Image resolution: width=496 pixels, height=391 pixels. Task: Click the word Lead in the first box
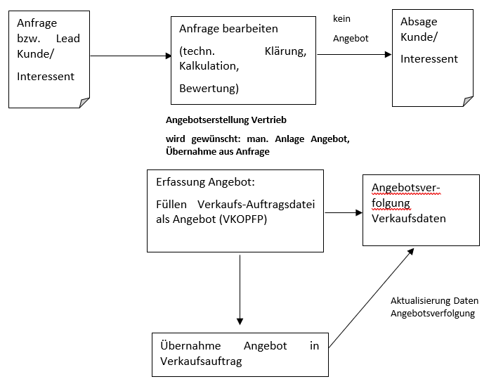67,38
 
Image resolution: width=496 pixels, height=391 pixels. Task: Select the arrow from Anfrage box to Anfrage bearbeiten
131,56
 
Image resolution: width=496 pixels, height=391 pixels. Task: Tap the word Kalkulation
209,66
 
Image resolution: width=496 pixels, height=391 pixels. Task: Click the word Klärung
285,51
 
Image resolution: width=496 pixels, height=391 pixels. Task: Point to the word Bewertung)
209,88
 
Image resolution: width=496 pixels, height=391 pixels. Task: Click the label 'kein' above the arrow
342,19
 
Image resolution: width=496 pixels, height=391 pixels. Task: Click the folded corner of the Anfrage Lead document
84,103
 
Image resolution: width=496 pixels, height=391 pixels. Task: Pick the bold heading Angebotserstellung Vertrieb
226,120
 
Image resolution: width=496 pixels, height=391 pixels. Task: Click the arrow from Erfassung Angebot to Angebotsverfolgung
342,212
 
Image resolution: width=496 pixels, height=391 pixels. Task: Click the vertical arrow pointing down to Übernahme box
240,288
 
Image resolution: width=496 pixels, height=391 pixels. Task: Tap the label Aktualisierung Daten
434,301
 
